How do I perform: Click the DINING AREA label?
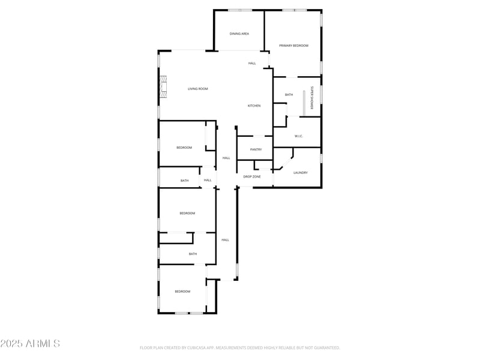pos(239,34)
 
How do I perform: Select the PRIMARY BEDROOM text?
pos(293,46)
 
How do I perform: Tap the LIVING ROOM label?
pos(197,89)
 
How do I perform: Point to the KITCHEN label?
pos(254,106)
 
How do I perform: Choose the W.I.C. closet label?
pos(298,136)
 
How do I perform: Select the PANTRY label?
pos(256,149)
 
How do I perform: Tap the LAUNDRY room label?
pos(300,173)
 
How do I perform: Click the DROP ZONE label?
pos(251,176)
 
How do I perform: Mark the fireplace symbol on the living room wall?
pos(161,86)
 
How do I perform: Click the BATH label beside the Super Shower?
pos(289,94)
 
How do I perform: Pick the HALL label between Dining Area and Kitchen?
pos(252,63)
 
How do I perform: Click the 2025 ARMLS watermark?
pos(30,344)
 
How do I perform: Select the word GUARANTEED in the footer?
pos(324,347)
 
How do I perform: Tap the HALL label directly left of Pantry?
pos(226,158)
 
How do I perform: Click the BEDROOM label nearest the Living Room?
pos(184,148)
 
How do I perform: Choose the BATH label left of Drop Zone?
pos(184,181)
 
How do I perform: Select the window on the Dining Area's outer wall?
pos(239,10)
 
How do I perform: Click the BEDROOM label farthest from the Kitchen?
pos(182,292)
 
